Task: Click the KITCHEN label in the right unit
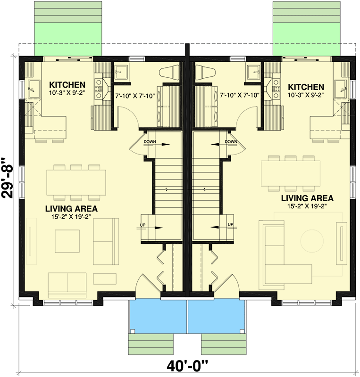click(306, 87)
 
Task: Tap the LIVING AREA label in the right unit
click(307, 198)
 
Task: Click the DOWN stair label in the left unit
click(150, 141)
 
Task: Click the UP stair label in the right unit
click(230, 224)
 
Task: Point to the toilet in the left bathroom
click(170, 72)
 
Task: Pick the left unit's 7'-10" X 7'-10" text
click(135, 95)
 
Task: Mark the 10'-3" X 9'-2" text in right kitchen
click(306, 95)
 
